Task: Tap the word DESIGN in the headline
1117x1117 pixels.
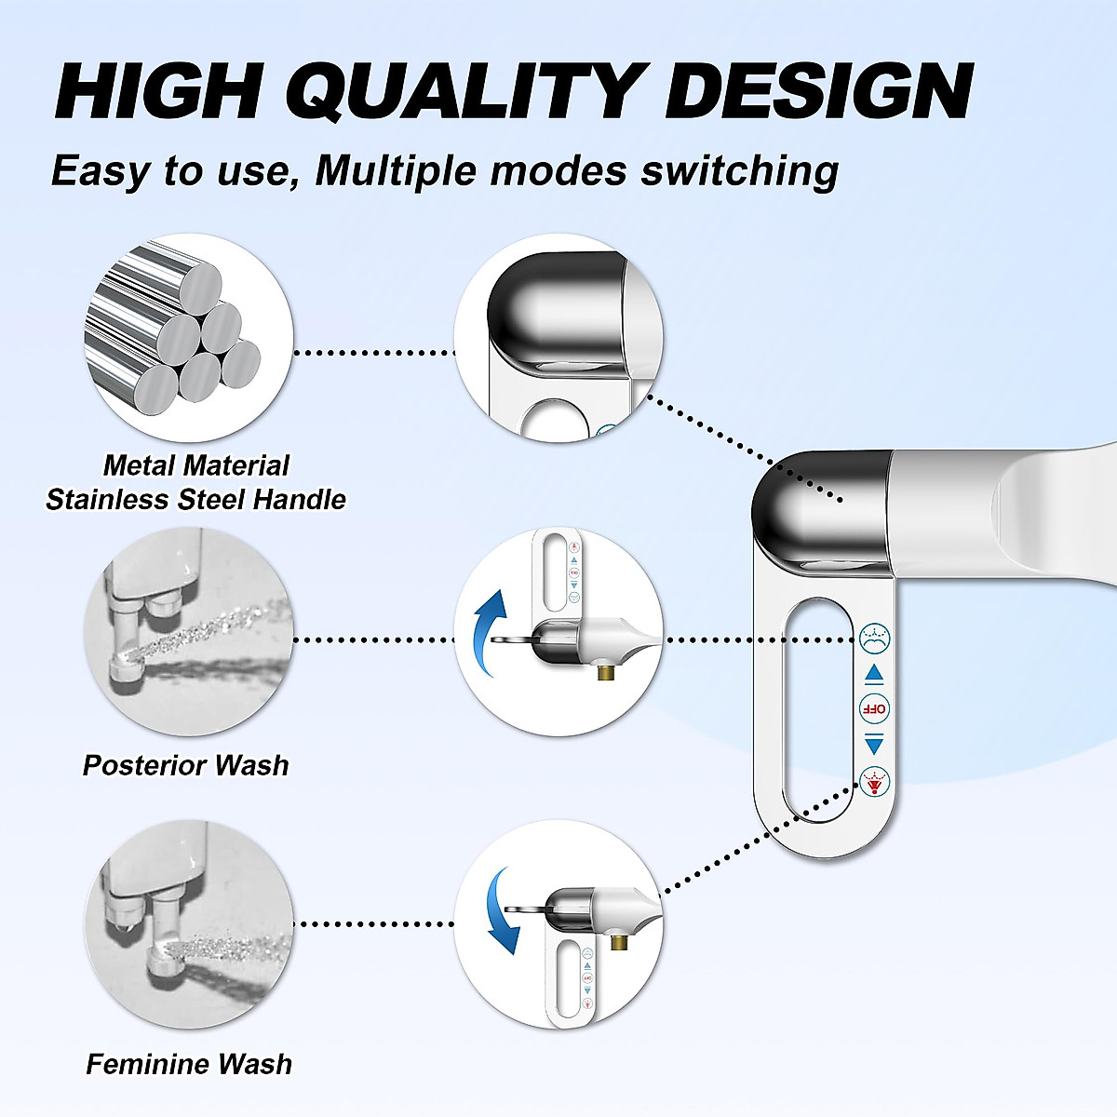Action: [820, 91]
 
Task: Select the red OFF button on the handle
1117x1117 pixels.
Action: [874, 708]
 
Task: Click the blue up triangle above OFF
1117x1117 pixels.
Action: [874, 674]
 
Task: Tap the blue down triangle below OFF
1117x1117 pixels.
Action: [874, 744]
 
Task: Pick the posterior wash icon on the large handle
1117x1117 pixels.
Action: [874, 639]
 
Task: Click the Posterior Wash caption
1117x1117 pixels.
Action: [185, 765]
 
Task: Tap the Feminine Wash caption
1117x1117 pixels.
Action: [189, 1064]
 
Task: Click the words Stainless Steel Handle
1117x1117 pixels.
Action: [195, 500]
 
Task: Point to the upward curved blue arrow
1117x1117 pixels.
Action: [488, 624]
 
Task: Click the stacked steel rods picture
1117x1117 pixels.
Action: [177, 326]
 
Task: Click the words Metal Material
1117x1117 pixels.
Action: [195, 465]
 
